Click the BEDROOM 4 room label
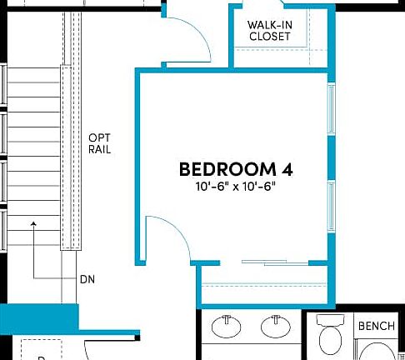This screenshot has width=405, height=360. click(236, 169)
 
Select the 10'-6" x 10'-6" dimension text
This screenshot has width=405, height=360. click(236, 187)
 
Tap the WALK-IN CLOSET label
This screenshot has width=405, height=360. click(269, 31)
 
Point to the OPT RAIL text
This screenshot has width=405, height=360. click(100, 143)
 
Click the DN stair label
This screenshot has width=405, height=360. click(87, 279)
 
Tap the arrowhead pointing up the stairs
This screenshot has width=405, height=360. click(34, 223)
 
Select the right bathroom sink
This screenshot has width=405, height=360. click(274, 326)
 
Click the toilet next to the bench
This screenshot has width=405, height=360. click(332, 335)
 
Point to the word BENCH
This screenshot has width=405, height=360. click(376, 327)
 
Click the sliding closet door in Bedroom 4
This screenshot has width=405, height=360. click(275, 263)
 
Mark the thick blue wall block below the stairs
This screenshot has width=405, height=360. click(39, 317)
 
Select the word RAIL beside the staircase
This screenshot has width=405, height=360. click(100, 150)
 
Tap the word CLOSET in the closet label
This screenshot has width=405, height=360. click(269, 37)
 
